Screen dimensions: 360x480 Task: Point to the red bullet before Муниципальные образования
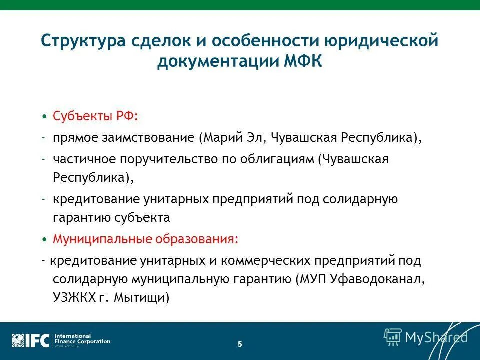[44, 239]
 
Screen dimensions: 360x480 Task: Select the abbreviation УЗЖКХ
[75, 298]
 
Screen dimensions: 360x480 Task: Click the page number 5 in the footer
[240, 344]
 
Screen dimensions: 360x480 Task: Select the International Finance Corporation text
[82, 339]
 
